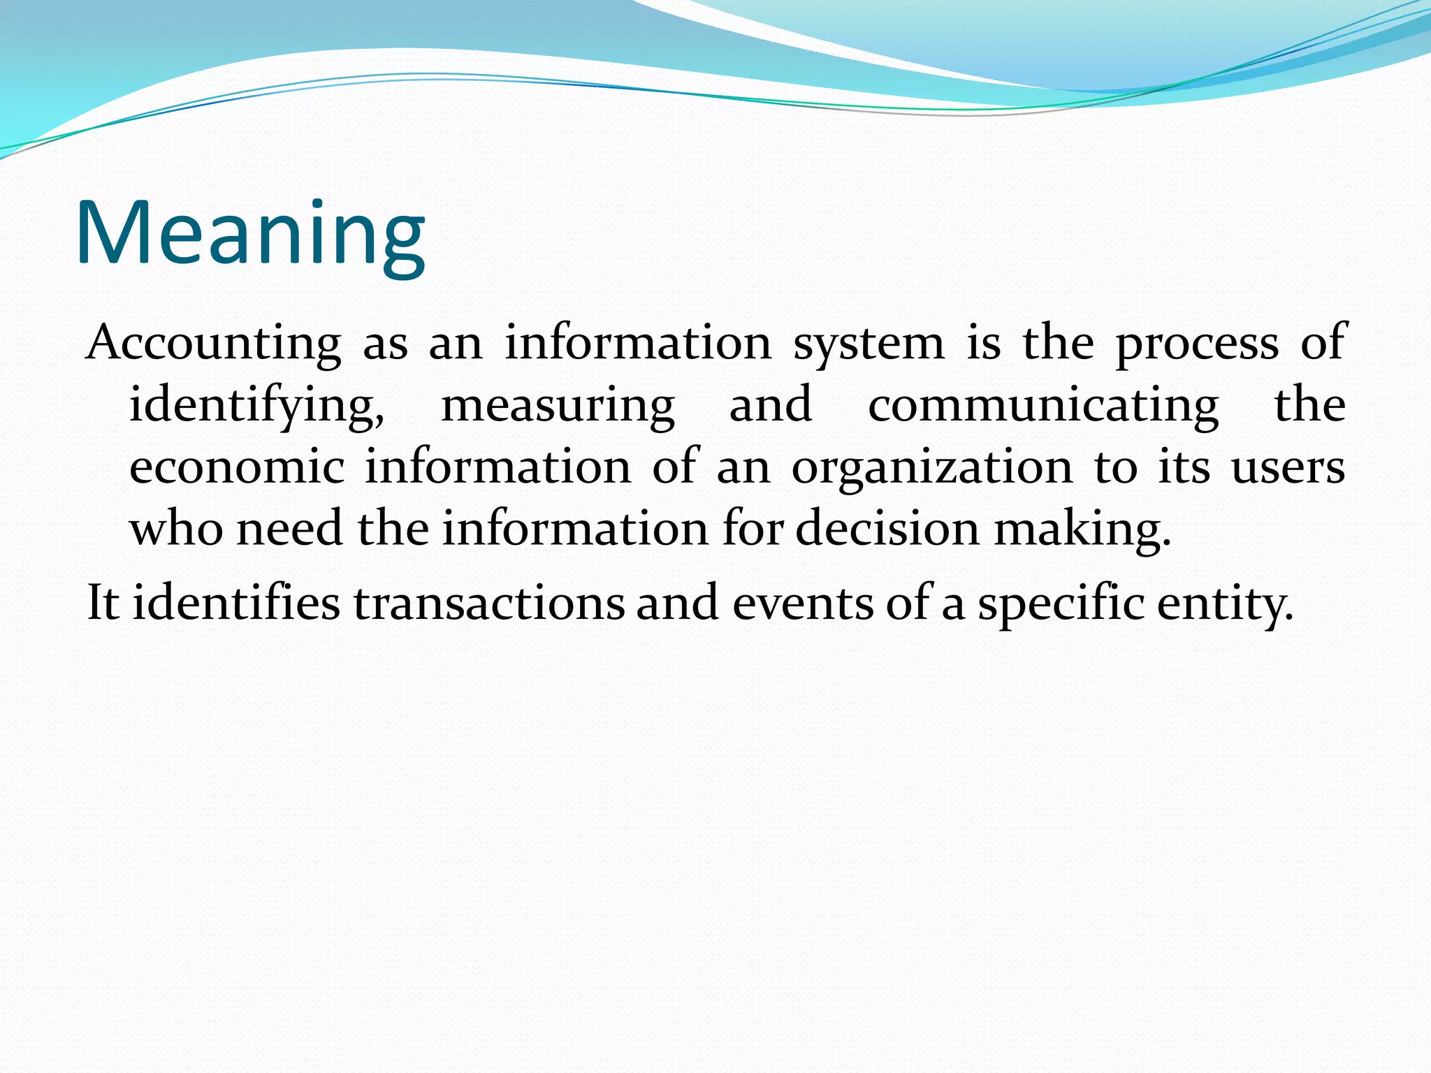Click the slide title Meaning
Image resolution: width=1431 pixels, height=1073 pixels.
click(x=250, y=233)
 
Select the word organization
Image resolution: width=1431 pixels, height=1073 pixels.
click(x=931, y=468)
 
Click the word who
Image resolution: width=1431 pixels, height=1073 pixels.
click(x=176, y=528)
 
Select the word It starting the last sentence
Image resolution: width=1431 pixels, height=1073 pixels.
click(x=102, y=602)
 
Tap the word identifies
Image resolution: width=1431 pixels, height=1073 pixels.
click(x=236, y=602)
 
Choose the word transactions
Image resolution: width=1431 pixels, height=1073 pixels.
click(x=489, y=602)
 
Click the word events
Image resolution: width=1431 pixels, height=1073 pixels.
click(x=802, y=602)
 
